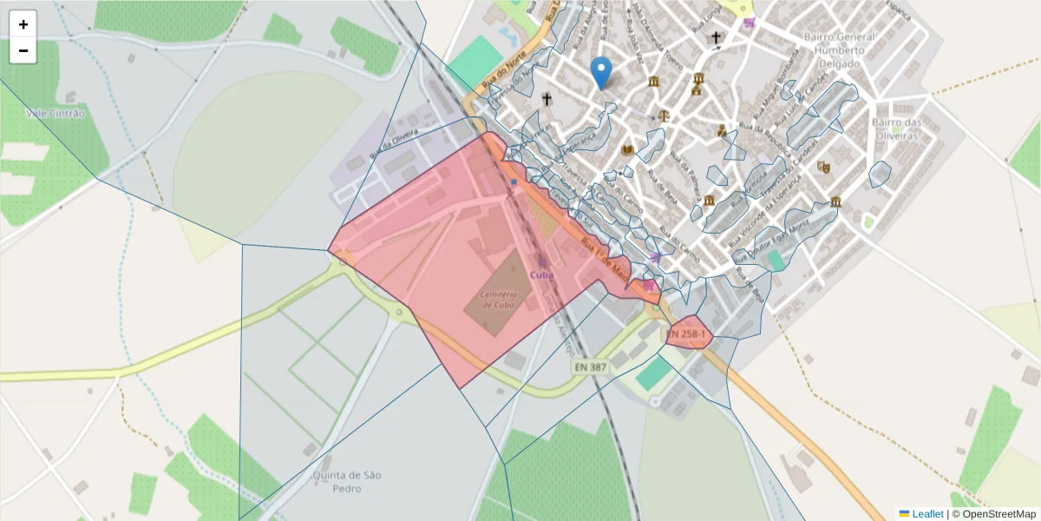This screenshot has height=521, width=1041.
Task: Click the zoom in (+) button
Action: (x=23, y=24)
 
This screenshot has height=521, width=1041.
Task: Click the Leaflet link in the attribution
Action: (x=926, y=514)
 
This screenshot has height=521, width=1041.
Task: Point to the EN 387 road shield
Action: (x=590, y=368)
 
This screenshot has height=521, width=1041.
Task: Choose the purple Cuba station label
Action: (x=541, y=274)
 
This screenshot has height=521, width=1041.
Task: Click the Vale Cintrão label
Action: (x=56, y=113)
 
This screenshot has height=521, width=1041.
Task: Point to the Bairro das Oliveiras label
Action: (x=894, y=129)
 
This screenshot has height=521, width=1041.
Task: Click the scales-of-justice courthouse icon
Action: (x=665, y=114)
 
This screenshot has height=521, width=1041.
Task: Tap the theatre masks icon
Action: (x=823, y=166)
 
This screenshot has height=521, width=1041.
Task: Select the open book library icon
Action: (x=628, y=151)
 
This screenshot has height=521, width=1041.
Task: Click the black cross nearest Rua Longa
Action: (x=716, y=37)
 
